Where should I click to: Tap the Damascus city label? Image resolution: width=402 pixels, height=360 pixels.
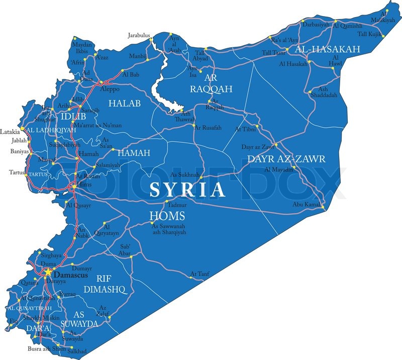(70, 276)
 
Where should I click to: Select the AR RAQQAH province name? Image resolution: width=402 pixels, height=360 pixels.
(211, 83)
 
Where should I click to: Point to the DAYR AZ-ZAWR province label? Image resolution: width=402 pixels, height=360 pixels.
(286, 159)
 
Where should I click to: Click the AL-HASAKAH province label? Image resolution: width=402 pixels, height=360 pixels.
(328, 49)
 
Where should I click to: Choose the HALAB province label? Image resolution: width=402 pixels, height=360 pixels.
(125, 103)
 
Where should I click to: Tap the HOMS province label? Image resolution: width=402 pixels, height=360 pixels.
(167, 216)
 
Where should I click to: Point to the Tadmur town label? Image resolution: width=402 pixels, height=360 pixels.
(177, 205)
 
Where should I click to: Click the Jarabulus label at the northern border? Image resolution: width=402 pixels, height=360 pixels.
(139, 36)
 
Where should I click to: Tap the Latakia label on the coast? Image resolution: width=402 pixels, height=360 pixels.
(10, 132)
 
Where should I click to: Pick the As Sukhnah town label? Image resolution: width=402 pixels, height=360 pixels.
(185, 174)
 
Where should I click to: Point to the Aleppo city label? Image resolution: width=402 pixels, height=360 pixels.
(111, 89)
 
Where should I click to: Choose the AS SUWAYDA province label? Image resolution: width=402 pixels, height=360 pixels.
(79, 319)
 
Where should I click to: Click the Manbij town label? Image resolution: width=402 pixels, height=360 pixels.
(137, 56)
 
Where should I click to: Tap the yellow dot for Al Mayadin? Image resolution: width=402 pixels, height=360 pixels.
(293, 166)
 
